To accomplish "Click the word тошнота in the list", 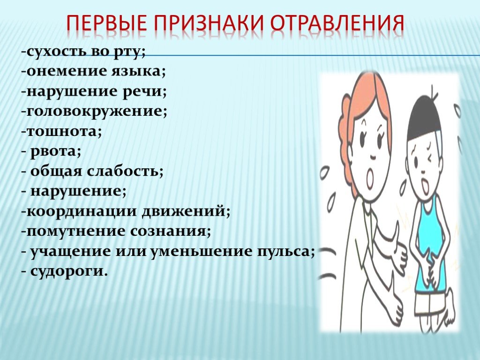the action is [x=62, y=131].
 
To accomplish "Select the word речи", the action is [x=142, y=92].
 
